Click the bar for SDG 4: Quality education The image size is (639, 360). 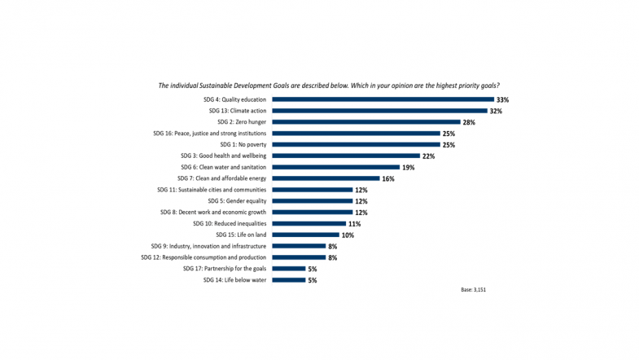coord(382,99)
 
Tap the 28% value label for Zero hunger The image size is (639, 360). coord(469,122)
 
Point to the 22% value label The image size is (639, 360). coord(427,156)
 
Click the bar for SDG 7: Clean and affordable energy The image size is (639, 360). coord(326,178)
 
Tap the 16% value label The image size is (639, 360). coord(388,178)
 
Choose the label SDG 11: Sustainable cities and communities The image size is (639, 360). coord(212,190)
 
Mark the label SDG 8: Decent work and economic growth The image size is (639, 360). coord(213,212)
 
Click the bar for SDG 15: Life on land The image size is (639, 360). coord(305,235)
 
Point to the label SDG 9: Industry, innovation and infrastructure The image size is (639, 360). coord(208,246)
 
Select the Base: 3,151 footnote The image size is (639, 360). coord(474,290)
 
